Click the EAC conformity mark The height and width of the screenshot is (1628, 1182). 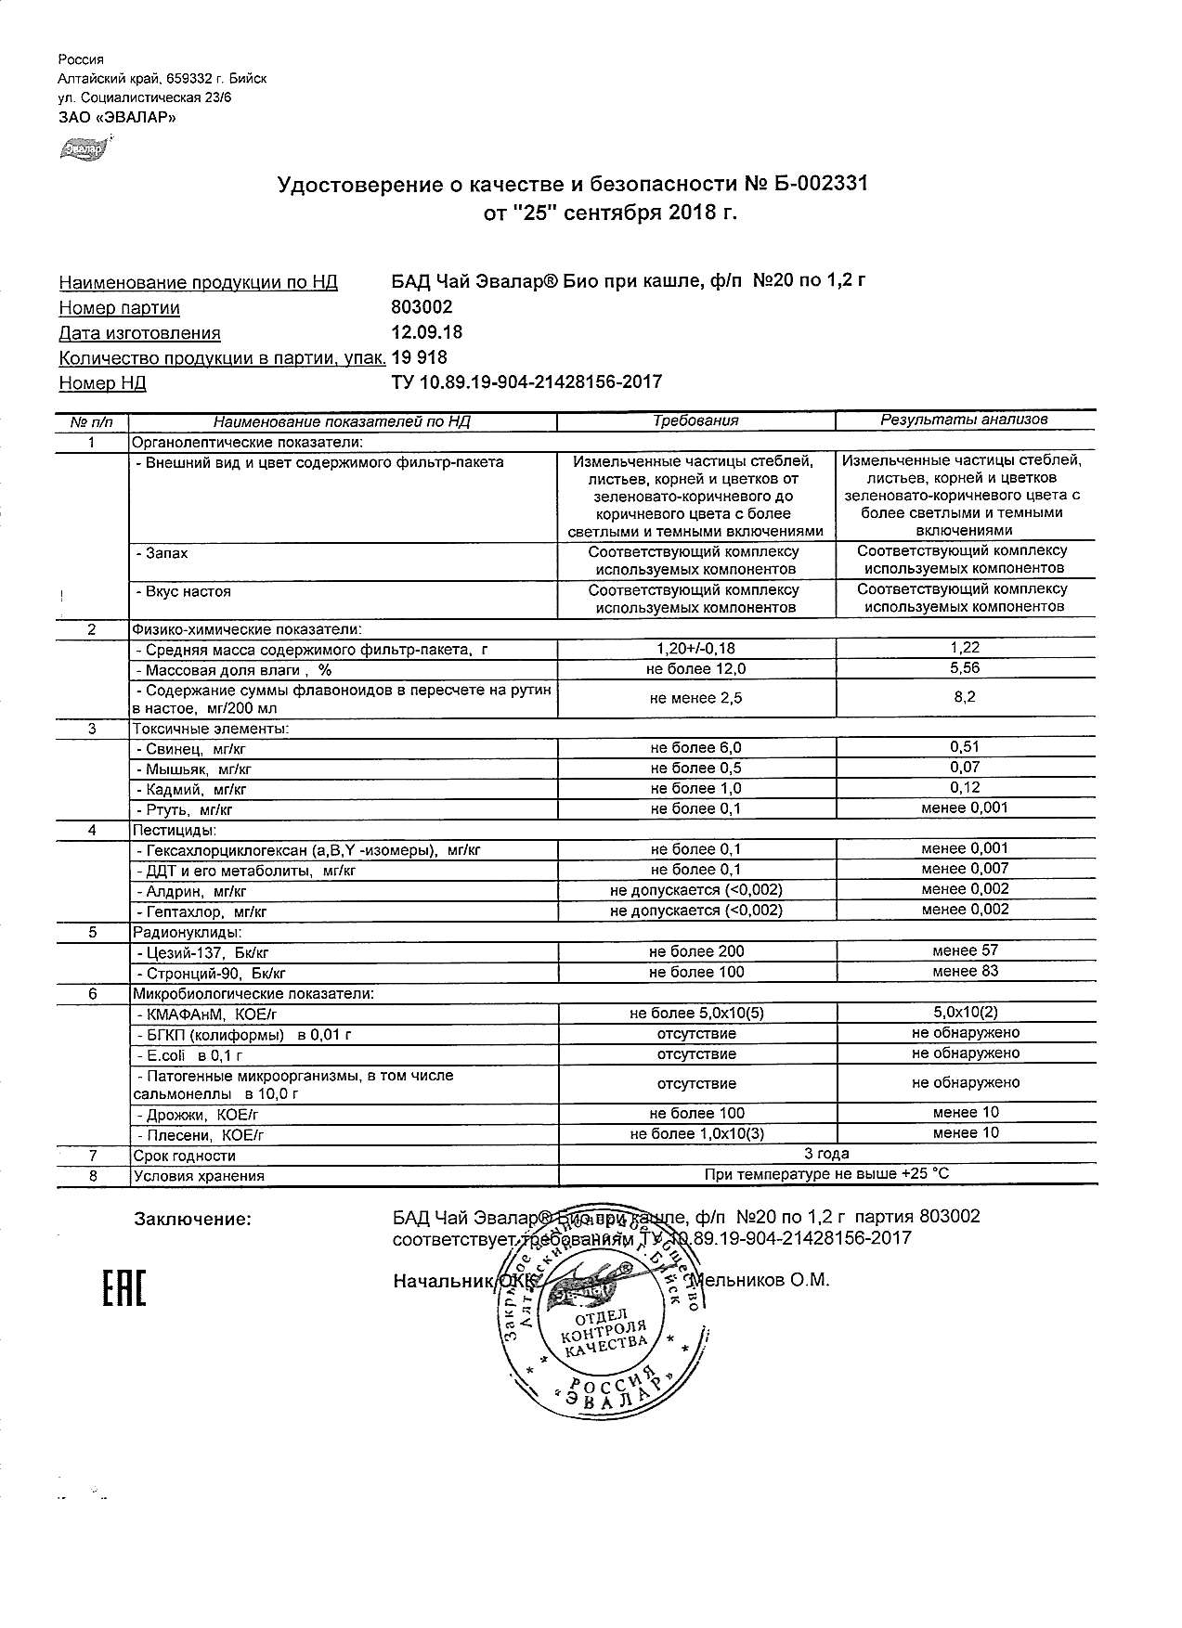123,1286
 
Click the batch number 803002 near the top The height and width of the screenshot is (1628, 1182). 422,307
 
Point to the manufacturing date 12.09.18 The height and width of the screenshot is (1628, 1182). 427,332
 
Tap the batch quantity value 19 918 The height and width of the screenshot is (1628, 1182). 420,357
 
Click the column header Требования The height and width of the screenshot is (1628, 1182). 695,420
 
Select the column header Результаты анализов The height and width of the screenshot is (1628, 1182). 964,420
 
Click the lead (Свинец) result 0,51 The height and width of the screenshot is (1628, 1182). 965,746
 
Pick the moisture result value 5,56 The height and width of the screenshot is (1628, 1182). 965,668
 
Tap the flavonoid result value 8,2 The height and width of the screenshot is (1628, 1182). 965,697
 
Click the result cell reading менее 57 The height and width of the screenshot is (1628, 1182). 965,950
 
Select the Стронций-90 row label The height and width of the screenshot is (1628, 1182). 211,973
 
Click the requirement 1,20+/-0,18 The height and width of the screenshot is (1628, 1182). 695,648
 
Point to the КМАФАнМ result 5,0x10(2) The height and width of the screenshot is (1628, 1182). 965,1013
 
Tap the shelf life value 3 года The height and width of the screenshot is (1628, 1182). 826,1154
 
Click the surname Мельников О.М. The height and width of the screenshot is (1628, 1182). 762,1281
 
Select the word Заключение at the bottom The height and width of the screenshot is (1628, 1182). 192,1218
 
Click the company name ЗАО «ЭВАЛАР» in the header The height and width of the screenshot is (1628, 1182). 116,118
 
